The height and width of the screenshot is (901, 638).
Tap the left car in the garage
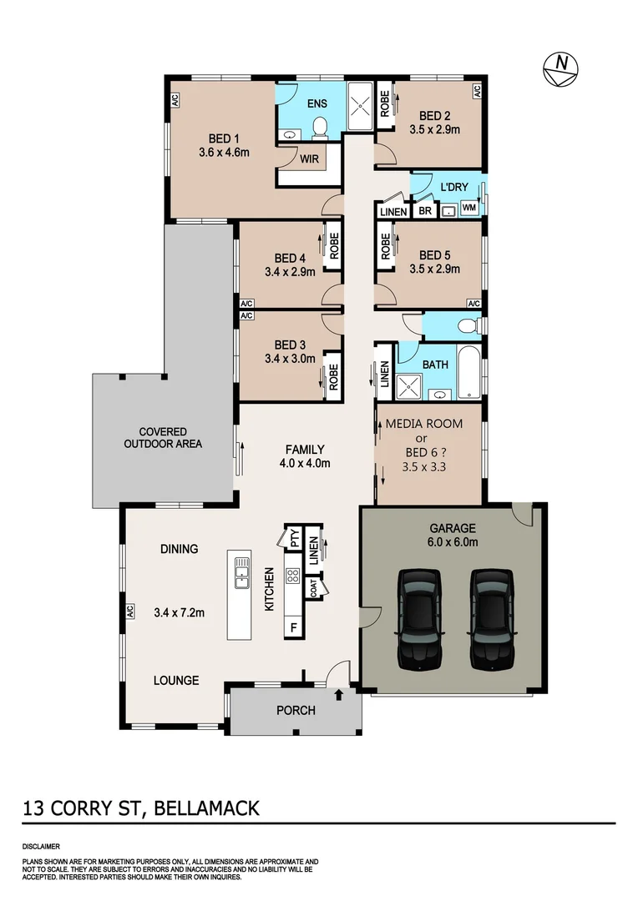point(418,619)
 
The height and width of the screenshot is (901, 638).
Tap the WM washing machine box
point(469,207)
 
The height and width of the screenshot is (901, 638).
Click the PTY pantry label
point(294,539)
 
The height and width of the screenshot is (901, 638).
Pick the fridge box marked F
point(293,625)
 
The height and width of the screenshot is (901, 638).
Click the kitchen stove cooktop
point(293,576)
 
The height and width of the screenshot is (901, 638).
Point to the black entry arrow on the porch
point(339,692)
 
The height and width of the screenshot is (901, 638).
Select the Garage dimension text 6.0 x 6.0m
point(452,542)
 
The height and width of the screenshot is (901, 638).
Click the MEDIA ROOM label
point(423,424)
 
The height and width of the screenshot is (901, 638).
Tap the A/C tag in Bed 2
point(476,90)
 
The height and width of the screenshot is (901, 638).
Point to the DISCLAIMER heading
point(41,846)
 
